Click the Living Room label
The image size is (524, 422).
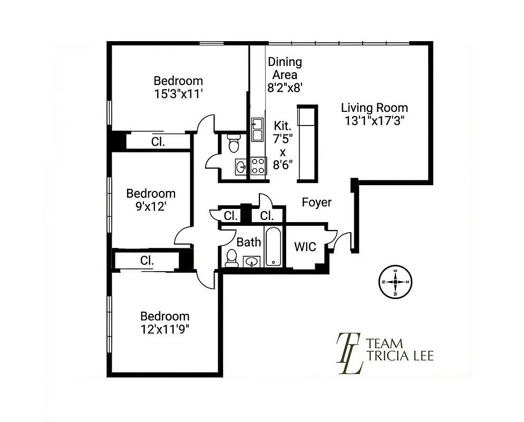pos(374,108)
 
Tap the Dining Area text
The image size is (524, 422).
pos(285,69)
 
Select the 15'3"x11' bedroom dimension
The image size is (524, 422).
pos(178,93)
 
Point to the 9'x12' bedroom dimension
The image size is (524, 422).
pos(150,206)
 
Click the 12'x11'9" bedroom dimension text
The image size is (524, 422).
pos(164,329)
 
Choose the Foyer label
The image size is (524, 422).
pos(316,202)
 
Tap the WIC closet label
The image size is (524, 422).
pos(305,246)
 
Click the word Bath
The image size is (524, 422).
pos(248,242)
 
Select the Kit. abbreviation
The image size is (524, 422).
pos(284,126)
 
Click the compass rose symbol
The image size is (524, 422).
pos(395,282)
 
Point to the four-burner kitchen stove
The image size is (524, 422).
pos(258,166)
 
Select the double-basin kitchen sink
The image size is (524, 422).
pos(257,129)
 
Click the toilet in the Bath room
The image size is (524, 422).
pos(231,258)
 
